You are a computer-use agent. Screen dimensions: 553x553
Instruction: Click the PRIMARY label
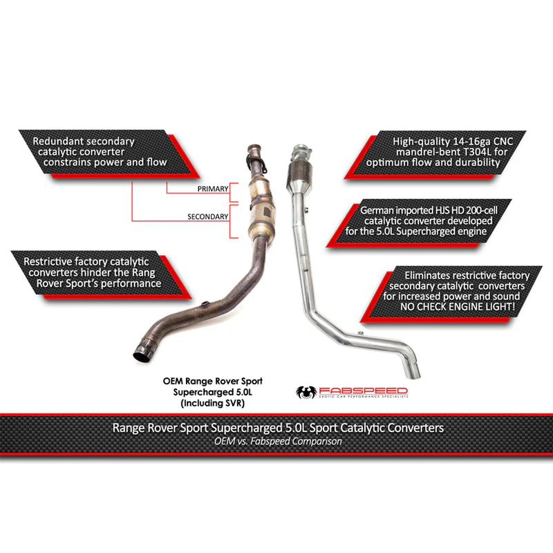click(x=213, y=189)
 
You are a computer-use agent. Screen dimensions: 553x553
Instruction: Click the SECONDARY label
click(x=208, y=216)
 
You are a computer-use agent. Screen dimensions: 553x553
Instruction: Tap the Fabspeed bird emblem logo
click(x=306, y=392)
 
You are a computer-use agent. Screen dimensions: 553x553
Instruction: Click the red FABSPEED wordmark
click(x=364, y=391)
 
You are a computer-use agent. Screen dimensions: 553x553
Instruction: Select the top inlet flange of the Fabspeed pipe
click(x=301, y=151)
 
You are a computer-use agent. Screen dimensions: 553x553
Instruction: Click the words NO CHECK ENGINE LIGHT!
click(x=458, y=307)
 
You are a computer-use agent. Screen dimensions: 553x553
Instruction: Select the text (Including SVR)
click(x=213, y=403)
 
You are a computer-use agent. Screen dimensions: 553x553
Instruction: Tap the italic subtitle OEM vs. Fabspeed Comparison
click(x=278, y=441)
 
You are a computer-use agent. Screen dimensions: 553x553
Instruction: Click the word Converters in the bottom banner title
click(x=415, y=428)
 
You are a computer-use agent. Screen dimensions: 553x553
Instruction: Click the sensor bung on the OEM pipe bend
click(x=204, y=304)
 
